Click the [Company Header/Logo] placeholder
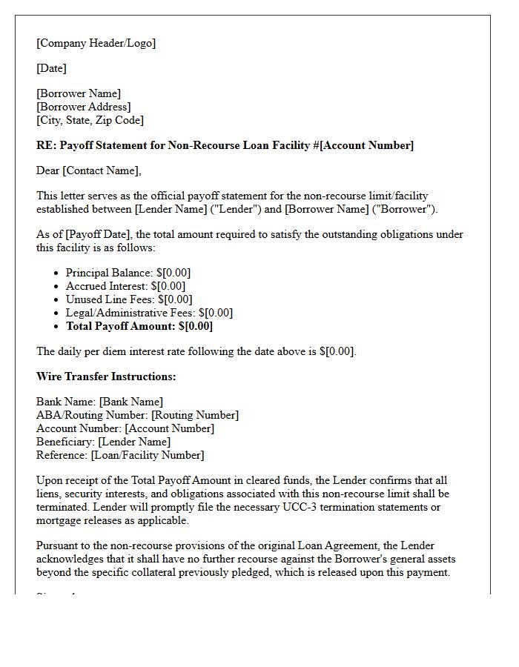[96, 43]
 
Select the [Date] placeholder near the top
[51, 68]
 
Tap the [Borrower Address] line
[83, 107]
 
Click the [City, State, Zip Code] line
[90, 120]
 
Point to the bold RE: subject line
[225, 145]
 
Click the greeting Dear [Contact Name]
[88, 170]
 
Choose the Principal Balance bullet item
[128, 273]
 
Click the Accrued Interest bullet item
[125, 286]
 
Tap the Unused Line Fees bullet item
[128, 299]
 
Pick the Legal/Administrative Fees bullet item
[149, 313]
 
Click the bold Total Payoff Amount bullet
[139, 326]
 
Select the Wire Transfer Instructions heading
[106, 376]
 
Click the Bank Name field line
[99, 402]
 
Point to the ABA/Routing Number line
[137, 415]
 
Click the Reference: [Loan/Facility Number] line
[120, 455]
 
